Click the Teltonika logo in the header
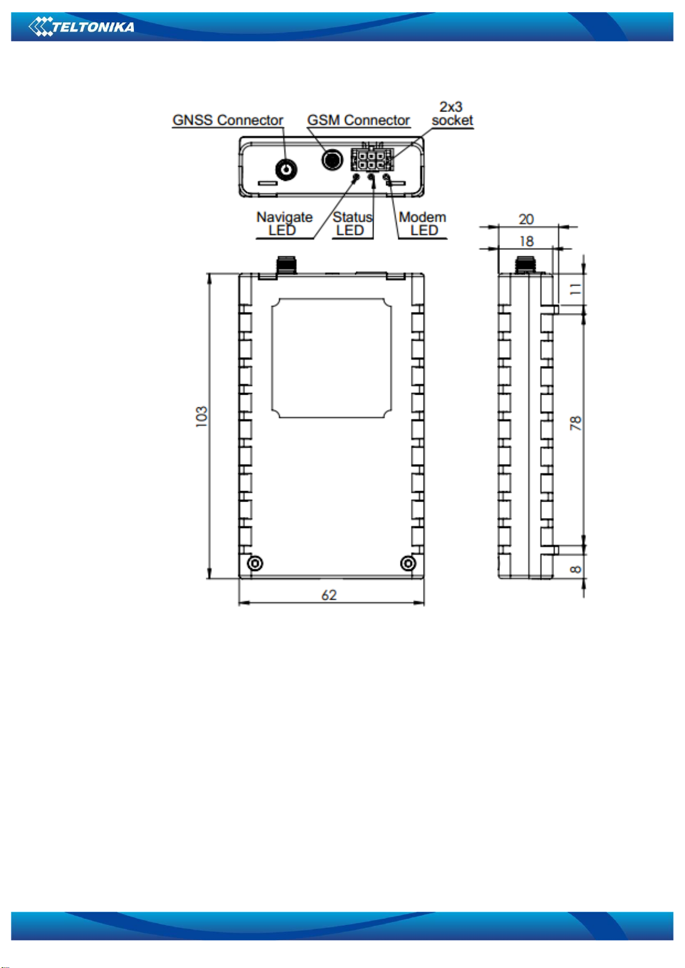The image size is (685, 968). click(81, 27)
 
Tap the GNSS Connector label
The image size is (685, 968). click(228, 120)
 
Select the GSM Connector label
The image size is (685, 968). click(358, 120)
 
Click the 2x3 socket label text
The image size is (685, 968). click(452, 114)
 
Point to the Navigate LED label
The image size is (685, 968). click(284, 223)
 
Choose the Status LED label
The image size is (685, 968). click(352, 223)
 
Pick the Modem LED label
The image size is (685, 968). click(422, 223)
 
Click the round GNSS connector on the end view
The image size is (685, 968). click(286, 170)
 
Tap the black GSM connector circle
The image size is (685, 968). click(332, 160)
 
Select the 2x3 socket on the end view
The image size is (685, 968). click(372, 160)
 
